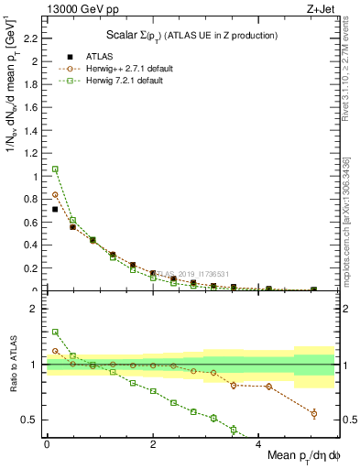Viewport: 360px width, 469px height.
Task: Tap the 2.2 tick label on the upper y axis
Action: coord(31,38)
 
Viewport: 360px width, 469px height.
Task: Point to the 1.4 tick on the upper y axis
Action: coord(31,130)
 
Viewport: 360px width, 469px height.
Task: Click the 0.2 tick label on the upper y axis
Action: coord(31,268)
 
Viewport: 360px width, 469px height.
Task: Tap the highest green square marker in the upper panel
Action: coord(55,169)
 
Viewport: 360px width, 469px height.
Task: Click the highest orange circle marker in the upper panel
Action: coord(55,194)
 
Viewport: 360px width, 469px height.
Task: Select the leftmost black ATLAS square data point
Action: coord(55,209)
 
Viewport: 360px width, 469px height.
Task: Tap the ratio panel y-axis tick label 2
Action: coord(37,309)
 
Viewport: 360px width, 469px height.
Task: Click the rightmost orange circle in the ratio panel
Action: coord(314,414)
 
